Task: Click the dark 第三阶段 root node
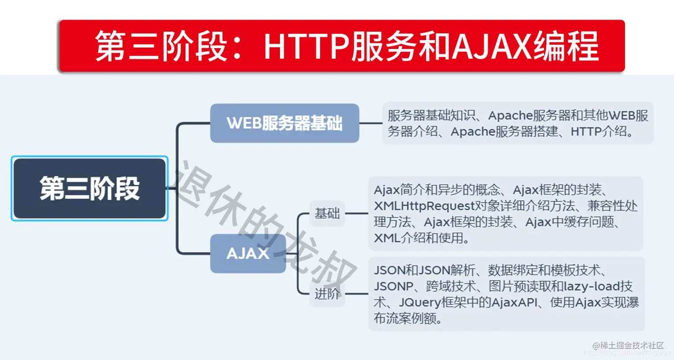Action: point(90,188)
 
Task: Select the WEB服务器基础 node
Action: point(284,123)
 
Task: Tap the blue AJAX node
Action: point(248,254)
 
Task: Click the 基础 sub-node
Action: point(327,213)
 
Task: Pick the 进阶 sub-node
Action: point(327,295)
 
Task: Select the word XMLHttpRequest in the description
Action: point(423,206)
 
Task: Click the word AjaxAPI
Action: point(516,303)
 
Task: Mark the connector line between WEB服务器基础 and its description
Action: point(370,123)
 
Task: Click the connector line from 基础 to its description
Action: point(357,213)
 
